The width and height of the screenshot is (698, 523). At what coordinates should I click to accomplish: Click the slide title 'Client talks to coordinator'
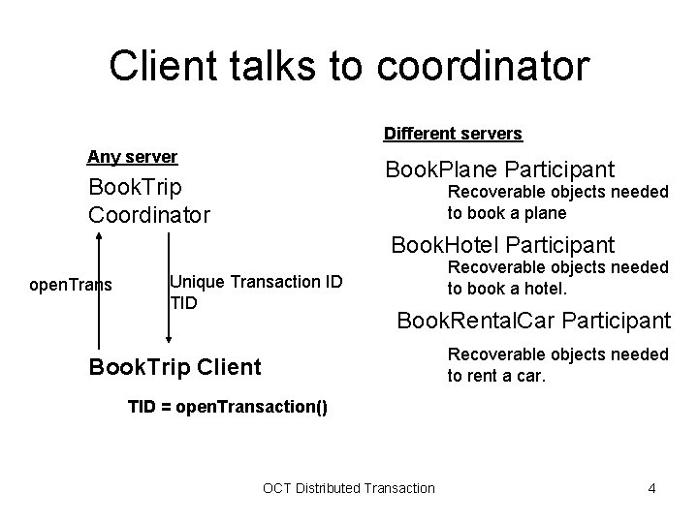point(348,67)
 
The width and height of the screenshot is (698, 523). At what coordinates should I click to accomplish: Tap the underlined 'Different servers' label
point(453,133)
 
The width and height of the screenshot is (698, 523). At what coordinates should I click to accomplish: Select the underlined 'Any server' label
point(132,156)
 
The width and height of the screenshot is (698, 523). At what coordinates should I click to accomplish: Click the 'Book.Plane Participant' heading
point(499,169)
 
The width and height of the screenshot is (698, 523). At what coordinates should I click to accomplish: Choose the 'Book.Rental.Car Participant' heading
point(534,319)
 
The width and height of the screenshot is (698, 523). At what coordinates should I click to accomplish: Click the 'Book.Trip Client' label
point(174,367)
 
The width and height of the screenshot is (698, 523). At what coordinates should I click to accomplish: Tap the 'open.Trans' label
point(71,285)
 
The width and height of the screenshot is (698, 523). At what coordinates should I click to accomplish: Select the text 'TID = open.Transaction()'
point(228,408)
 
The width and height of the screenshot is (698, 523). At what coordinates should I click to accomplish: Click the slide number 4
point(651,487)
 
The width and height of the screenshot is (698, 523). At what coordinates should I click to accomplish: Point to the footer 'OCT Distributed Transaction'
point(349,487)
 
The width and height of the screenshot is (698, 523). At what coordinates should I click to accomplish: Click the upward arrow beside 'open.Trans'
point(97,291)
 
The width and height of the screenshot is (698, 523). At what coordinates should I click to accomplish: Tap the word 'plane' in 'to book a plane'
point(546,212)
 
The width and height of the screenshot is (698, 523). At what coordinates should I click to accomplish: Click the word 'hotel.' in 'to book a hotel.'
point(548,288)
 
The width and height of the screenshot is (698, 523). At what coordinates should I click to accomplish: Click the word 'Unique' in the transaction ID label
point(193,281)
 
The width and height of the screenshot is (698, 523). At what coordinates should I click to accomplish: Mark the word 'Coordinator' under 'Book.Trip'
point(148,213)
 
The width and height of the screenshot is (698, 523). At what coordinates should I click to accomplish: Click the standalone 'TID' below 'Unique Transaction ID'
point(183,302)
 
